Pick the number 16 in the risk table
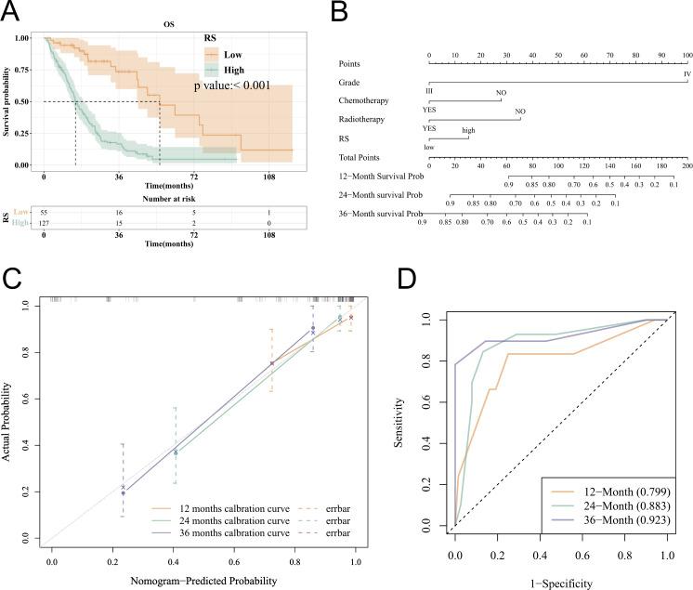coord(121,213)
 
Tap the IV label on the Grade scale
coord(686,72)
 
